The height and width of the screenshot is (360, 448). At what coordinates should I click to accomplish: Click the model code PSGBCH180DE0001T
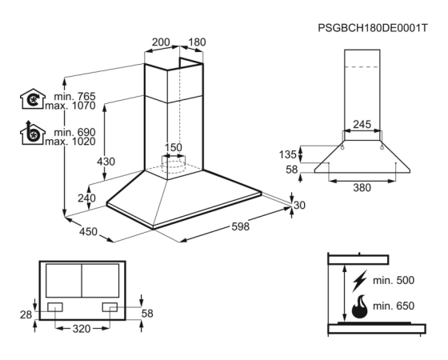click(373, 28)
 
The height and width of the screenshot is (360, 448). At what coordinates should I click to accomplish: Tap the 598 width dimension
click(240, 226)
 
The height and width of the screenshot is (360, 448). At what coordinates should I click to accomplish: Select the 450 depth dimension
click(88, 231)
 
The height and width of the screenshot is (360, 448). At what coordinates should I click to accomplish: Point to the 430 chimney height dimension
click(106, 162)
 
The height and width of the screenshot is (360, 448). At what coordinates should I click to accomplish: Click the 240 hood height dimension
click(87, 198)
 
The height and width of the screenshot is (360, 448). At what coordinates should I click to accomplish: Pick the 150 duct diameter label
click(174, 147)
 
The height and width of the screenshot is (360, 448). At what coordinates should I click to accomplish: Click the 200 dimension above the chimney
click(161, 42)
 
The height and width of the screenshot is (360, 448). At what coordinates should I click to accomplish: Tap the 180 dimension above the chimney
click(197, 42)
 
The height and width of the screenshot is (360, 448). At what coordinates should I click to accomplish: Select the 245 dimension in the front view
click(362, 124)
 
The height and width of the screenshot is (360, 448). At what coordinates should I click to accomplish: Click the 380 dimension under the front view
click(362, 188)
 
